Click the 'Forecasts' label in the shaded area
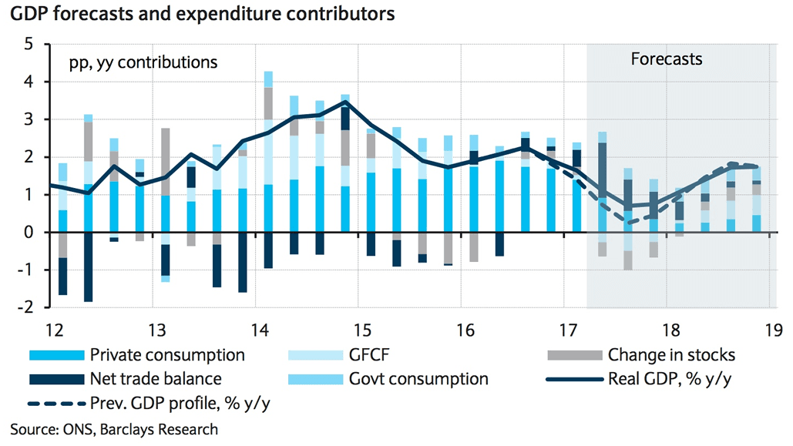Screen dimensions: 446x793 coord(667,59)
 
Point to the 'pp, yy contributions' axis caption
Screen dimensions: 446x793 coord(136,61)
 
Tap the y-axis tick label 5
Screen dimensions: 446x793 coord(29,44)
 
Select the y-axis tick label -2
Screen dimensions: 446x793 coord(25,307)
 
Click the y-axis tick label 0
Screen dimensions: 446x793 coord(29,232)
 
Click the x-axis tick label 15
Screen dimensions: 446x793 coord(361,330)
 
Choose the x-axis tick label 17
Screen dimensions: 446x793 coord(568,330)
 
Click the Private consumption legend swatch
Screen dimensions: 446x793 coord(55,356)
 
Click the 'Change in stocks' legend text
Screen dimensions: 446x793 coord(671,355)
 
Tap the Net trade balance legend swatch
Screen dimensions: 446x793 coord(55,379)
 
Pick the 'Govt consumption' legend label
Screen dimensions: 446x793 coord(419,379)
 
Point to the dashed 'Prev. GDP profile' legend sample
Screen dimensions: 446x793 coord(55,403)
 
